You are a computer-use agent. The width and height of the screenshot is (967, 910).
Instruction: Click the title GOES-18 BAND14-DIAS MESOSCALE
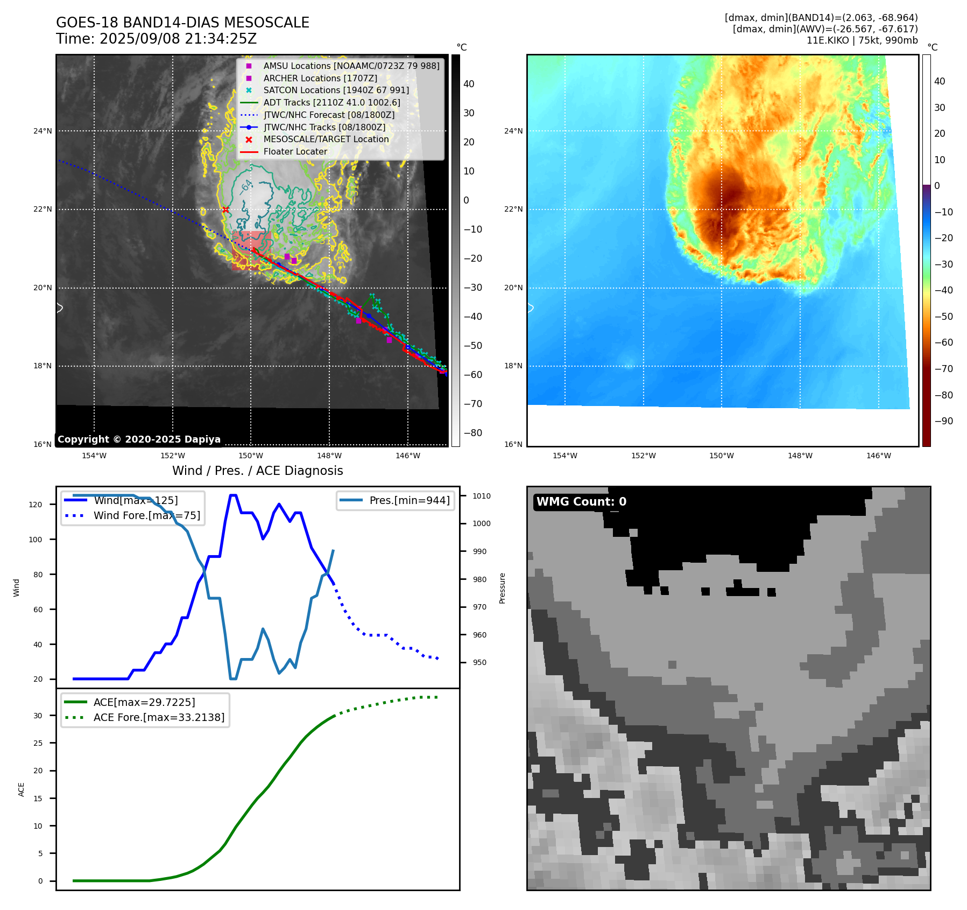click(x=182, y=23)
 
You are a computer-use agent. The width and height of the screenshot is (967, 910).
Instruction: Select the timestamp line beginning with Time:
click(x=156, y=39)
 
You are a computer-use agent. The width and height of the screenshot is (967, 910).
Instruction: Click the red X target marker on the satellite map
click(x=225, y=210)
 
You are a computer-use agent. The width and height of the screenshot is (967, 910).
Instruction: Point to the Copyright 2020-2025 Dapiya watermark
click(x=139, y=439)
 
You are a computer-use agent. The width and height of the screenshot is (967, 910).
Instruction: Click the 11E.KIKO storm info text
click(x=862, y=40)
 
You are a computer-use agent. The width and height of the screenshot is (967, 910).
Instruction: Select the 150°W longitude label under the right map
click(x=721, y=456)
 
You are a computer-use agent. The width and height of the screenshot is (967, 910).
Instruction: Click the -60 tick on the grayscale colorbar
click(x=473, y=375)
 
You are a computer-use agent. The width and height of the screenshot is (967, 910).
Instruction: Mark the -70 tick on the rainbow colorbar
click(x=943, y=369)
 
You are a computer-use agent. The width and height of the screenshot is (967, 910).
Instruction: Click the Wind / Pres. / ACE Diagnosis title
click(x=257, y=471)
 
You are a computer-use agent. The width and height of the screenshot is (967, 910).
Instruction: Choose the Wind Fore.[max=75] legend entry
click(x=146, y=515)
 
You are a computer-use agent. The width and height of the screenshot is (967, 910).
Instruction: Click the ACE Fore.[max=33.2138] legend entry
click(x=159, y=717)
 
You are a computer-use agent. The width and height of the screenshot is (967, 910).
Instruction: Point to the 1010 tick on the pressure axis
click(x=482, y=496)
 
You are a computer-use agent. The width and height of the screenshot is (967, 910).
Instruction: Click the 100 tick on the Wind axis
click(x=36, y=540)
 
